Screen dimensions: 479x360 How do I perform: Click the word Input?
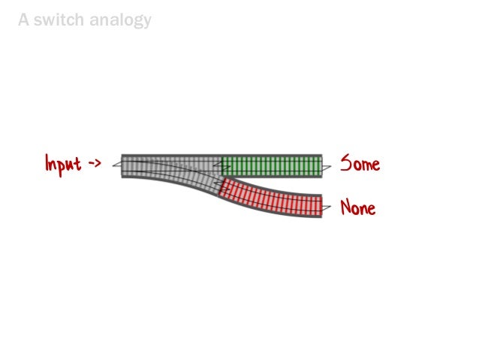63,163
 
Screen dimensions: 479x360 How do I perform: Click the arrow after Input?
95,162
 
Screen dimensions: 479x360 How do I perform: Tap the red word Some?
360,163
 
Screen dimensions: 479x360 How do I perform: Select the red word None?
358,207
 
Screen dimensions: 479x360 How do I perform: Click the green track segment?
272,165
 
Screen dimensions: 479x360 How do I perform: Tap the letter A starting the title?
24,20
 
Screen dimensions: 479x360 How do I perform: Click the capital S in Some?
345,163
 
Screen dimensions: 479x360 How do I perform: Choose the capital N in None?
345,207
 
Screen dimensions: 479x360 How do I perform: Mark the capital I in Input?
47,163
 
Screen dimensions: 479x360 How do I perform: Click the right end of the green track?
321,165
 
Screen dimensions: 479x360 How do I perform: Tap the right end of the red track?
320,206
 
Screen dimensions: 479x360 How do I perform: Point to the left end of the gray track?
123,165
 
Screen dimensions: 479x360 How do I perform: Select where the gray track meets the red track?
220,186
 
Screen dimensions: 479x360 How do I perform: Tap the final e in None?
371,208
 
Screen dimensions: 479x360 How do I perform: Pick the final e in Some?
375,164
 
